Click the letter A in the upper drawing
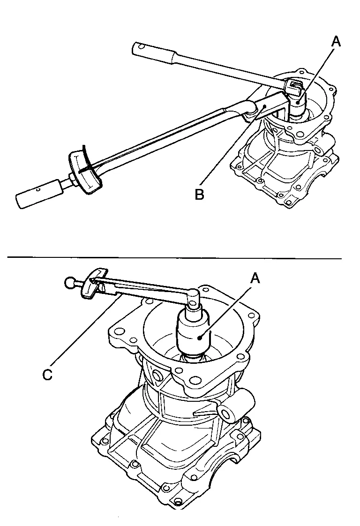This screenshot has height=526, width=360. point(336,42)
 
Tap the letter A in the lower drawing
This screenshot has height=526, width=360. point(255,278)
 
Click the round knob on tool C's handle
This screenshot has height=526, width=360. point(70,283)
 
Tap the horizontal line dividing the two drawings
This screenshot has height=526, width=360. point(180,258)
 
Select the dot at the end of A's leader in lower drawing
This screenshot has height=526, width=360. point(200,336)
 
